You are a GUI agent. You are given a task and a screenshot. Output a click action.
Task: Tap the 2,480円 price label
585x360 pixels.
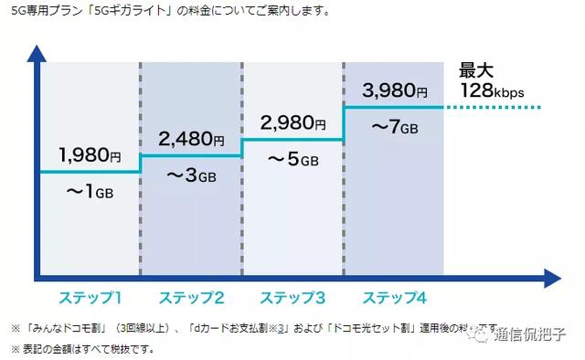point(191,138)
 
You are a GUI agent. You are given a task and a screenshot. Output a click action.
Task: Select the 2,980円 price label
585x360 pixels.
point(292,122)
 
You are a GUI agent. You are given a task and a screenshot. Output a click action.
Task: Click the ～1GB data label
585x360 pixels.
point(89,193)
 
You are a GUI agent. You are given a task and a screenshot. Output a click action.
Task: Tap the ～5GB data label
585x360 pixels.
point(292,161)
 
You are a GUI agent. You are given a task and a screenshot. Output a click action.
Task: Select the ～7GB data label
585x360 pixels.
point(394,126)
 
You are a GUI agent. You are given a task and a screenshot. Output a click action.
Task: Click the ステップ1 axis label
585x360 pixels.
point(90,297)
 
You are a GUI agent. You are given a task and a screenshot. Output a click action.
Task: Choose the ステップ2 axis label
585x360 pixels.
point(191,297)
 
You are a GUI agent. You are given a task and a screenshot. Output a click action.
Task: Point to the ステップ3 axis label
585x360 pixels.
point(292,297)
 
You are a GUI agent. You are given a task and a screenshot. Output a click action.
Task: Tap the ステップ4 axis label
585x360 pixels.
point(394,297)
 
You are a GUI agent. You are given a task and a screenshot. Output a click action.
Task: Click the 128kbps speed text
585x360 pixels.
point(491,91)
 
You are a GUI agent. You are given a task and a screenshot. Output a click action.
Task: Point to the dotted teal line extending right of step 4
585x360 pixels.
point(494,108)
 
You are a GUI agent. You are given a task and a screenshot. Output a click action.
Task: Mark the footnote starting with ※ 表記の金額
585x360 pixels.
point(83,348)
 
